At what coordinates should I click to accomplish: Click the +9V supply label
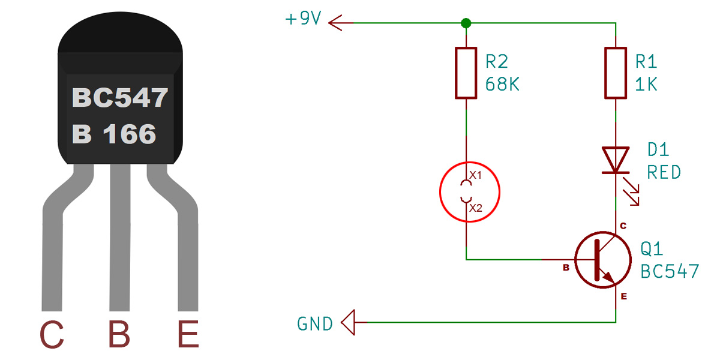coord(303,18)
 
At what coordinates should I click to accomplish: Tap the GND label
coord(314,323)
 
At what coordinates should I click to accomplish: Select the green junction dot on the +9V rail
coord(466,23)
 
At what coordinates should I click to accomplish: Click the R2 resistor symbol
coord(466,73)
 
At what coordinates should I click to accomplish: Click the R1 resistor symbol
coord(616,73)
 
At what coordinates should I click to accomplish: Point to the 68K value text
coord(502,84)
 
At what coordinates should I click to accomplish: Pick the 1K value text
coord(646,84)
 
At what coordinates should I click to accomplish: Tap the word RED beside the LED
coord(664,172)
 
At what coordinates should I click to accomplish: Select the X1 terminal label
coord(475,175)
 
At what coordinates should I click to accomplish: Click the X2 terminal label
coord(476,208)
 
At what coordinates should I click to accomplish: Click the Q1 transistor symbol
coord(603,260)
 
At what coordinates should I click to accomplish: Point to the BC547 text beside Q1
coord(670,271)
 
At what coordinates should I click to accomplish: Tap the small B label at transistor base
coord(566,268)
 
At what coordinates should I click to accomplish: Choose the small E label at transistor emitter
coord(624,296)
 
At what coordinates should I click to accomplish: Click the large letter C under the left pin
coord(52,334)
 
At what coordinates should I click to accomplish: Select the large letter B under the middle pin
coord(119,334)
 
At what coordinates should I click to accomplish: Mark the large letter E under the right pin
coord(188,334)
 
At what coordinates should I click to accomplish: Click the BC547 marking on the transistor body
coord(120,98)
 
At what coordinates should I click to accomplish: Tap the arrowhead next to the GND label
coord(348,322)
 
